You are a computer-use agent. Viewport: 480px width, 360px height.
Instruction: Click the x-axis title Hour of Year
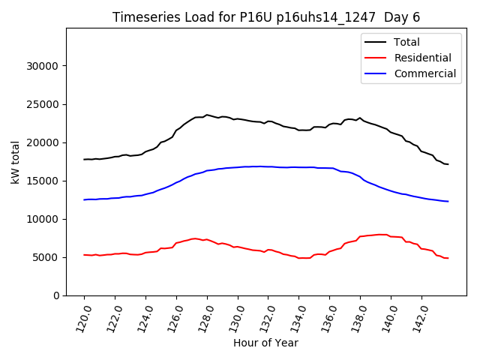[x=265, y=343]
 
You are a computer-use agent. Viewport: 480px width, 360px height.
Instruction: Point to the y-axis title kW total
[x=16, y=162]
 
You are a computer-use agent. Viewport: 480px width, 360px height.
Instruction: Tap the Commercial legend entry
[x=424, y=73]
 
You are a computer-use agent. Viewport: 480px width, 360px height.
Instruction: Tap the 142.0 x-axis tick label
[x=419, y=318]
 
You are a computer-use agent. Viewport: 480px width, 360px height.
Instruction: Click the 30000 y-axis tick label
[x=43, y=66]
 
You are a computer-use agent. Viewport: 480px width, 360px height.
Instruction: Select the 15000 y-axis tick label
[x=43, y=181]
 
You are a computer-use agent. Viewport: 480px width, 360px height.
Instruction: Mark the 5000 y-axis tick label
[x=46, y=257]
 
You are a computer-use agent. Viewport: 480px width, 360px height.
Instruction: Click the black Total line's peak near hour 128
[x=207, y=115]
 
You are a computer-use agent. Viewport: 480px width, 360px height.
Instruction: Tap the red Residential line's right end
[x=448, y=258]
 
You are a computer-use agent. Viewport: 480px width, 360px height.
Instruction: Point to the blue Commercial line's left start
[x=84, y=199]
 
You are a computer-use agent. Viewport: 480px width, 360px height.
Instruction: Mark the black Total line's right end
[x=448, y=164]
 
